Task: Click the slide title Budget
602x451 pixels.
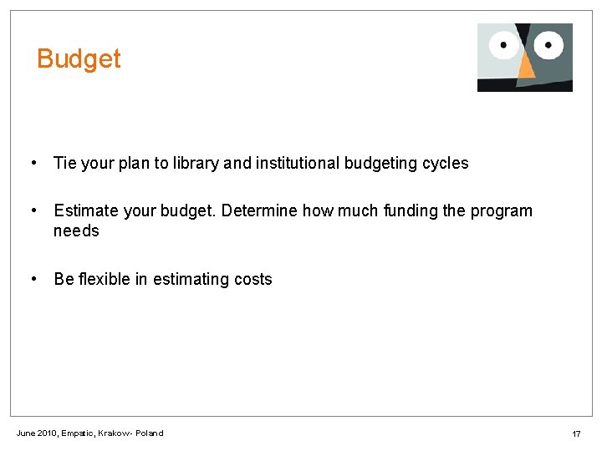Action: coord(79,59)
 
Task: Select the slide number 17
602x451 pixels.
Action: coord(576,434)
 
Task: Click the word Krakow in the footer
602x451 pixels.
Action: coord(115,433)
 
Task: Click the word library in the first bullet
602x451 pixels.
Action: coord(196,164)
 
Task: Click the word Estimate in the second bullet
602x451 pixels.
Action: coord(86,211)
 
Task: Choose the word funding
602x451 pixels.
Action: coord(410,211)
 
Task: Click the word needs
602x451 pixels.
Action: coord(76,231)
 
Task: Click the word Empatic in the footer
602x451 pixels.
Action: coord(78,433)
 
